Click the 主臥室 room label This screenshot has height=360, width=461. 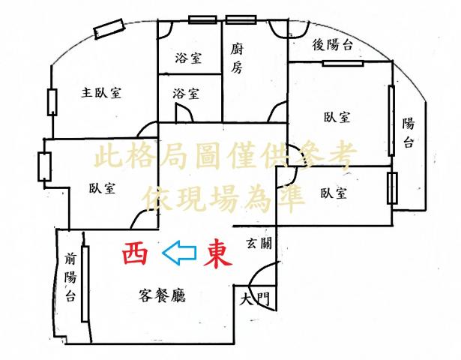(x=101, y=93)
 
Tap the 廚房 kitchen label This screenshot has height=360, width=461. (x=237, y=58)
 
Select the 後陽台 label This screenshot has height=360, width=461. (x=332, y=45)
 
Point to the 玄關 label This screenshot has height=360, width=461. (x=259, y=243)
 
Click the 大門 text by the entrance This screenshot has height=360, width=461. (x=254, y=299)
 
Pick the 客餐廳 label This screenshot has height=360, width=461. (x=162, y=295)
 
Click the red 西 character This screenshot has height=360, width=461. (x=135, y=253)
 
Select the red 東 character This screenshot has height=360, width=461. (x=218, y=255)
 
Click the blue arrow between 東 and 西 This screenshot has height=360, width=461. (x=179, y=253)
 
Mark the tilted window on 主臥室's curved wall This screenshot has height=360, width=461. (x=108, y=28)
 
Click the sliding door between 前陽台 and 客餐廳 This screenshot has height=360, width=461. (x=85, y=283)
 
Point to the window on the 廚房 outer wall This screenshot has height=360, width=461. (x=241, y=19)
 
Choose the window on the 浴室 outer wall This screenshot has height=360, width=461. (x=202, y=19)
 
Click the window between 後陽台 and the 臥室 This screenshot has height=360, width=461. (x=343, y=63)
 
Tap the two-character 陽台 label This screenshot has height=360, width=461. (x=409, y=132)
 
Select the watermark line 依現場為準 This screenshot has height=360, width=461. (x=223, y=199)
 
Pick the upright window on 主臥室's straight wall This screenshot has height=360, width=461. (x=52, y=102)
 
